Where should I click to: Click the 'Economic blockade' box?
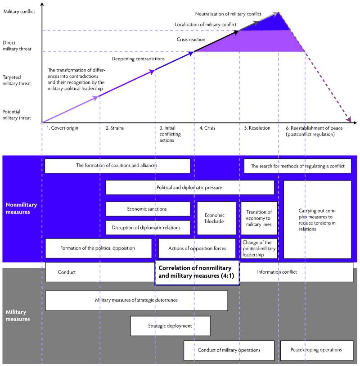click(216, 218)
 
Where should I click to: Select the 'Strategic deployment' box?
click(170, 326)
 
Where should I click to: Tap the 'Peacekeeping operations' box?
click(315, 350)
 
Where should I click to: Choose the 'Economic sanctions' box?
click(148, 209)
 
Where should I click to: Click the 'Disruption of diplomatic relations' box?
click(148, 228)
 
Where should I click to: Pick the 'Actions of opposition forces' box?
click(197, 249)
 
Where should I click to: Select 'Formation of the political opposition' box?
click(99, 249)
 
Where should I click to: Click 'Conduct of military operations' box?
click(229, 350)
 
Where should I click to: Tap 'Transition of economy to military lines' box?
click(259, 218)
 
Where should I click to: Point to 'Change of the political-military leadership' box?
click(259, 249)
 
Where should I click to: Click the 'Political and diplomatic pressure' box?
click(189, 187)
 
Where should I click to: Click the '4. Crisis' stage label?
click(207, 128)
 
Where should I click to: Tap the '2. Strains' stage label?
click(115, 128)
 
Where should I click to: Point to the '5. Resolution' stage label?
click(257, 128)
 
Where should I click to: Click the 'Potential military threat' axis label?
click(17, 115)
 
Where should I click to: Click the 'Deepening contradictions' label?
click(138, 59)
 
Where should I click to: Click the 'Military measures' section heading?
click(18, 316)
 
